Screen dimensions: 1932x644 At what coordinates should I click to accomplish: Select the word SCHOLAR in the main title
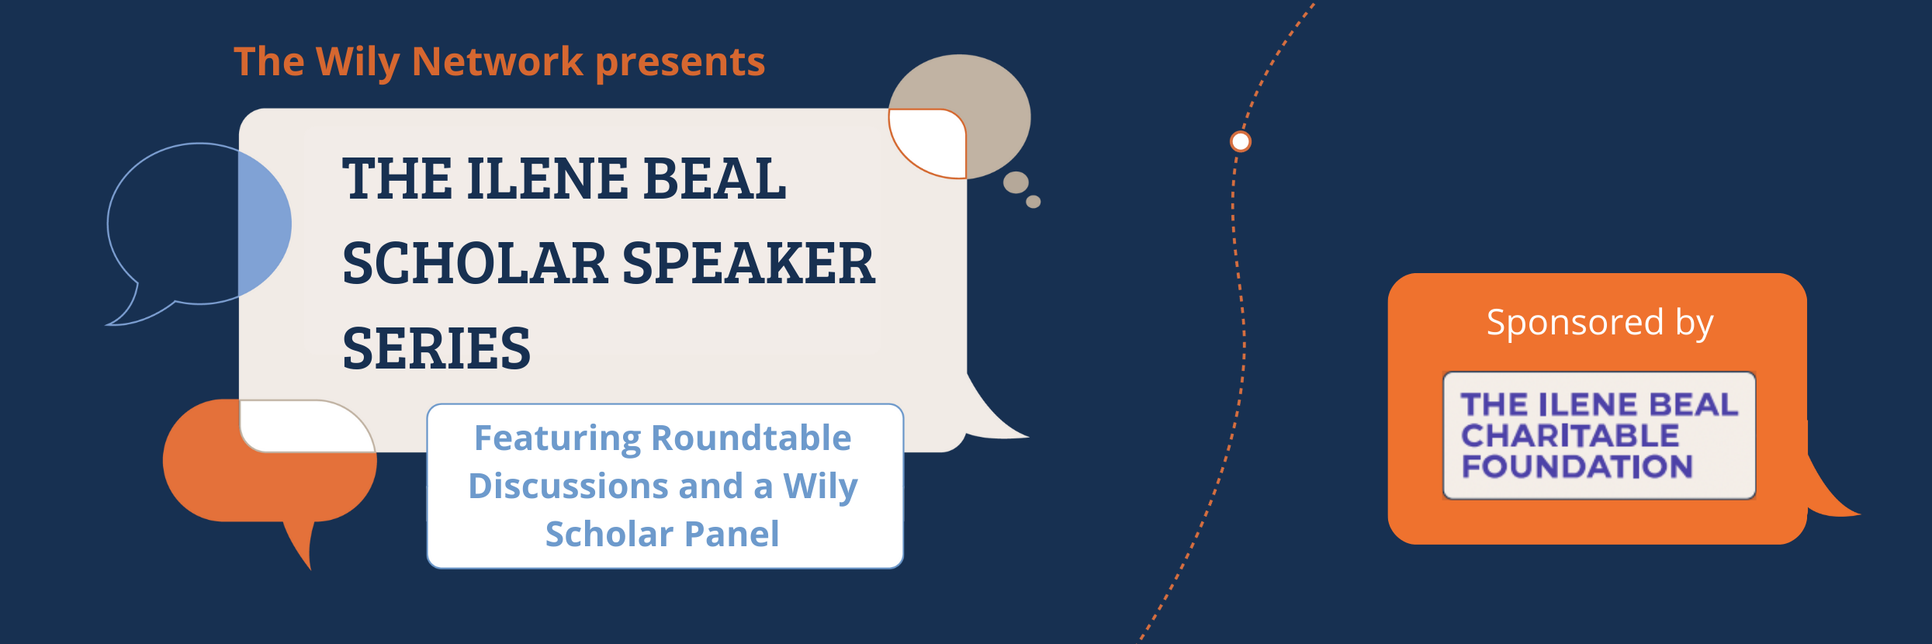coord(475,263)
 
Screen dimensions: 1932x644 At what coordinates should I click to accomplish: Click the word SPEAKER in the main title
coord(749,263)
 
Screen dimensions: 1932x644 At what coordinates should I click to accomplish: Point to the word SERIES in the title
coord(437,348)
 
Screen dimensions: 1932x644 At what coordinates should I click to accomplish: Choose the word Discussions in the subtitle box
coord(568,486)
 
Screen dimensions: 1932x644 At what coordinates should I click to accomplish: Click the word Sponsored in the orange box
coord(1575,323)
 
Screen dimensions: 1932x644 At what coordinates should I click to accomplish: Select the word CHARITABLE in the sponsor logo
coord(1570,436)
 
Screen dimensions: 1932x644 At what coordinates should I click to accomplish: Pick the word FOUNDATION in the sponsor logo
coord(1577,467)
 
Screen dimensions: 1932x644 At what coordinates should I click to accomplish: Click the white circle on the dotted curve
coord(1241,141)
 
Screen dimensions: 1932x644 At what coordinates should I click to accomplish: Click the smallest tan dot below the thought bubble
coord(1034,202)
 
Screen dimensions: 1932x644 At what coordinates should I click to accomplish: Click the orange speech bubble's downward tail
coord(301,544)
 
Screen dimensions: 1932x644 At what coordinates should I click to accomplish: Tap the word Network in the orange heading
coord(497,62)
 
